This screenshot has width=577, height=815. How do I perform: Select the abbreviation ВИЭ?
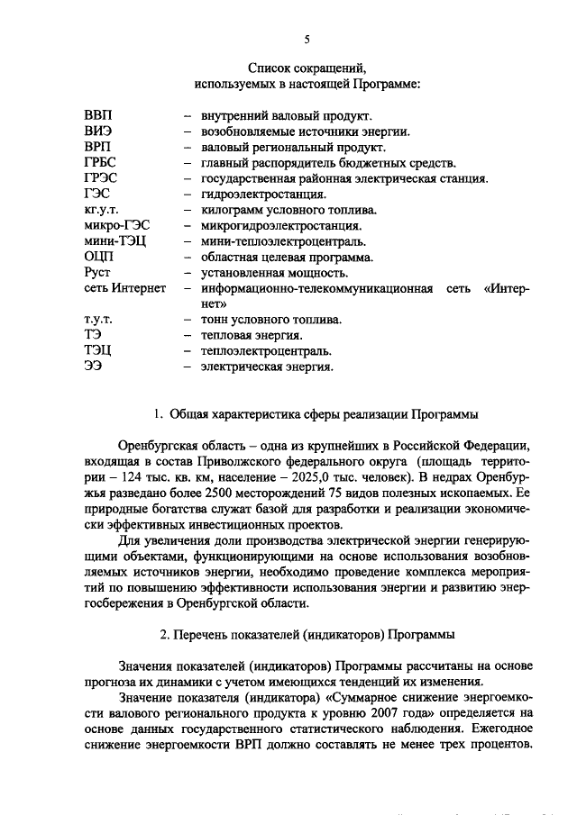tap(96, 131)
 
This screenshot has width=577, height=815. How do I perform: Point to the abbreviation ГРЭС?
tap(100, 178)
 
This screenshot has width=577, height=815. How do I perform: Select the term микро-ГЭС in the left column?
tap(113, 225)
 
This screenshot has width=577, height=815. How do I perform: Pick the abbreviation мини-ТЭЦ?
tap(113, 241)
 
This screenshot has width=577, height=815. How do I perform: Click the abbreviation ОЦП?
tap(98, 257)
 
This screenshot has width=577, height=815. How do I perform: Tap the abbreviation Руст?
tap(96, 272)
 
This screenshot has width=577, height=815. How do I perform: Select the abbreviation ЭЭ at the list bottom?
tap(92, 367)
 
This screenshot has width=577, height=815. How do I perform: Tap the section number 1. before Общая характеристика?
tap(158, 415)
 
